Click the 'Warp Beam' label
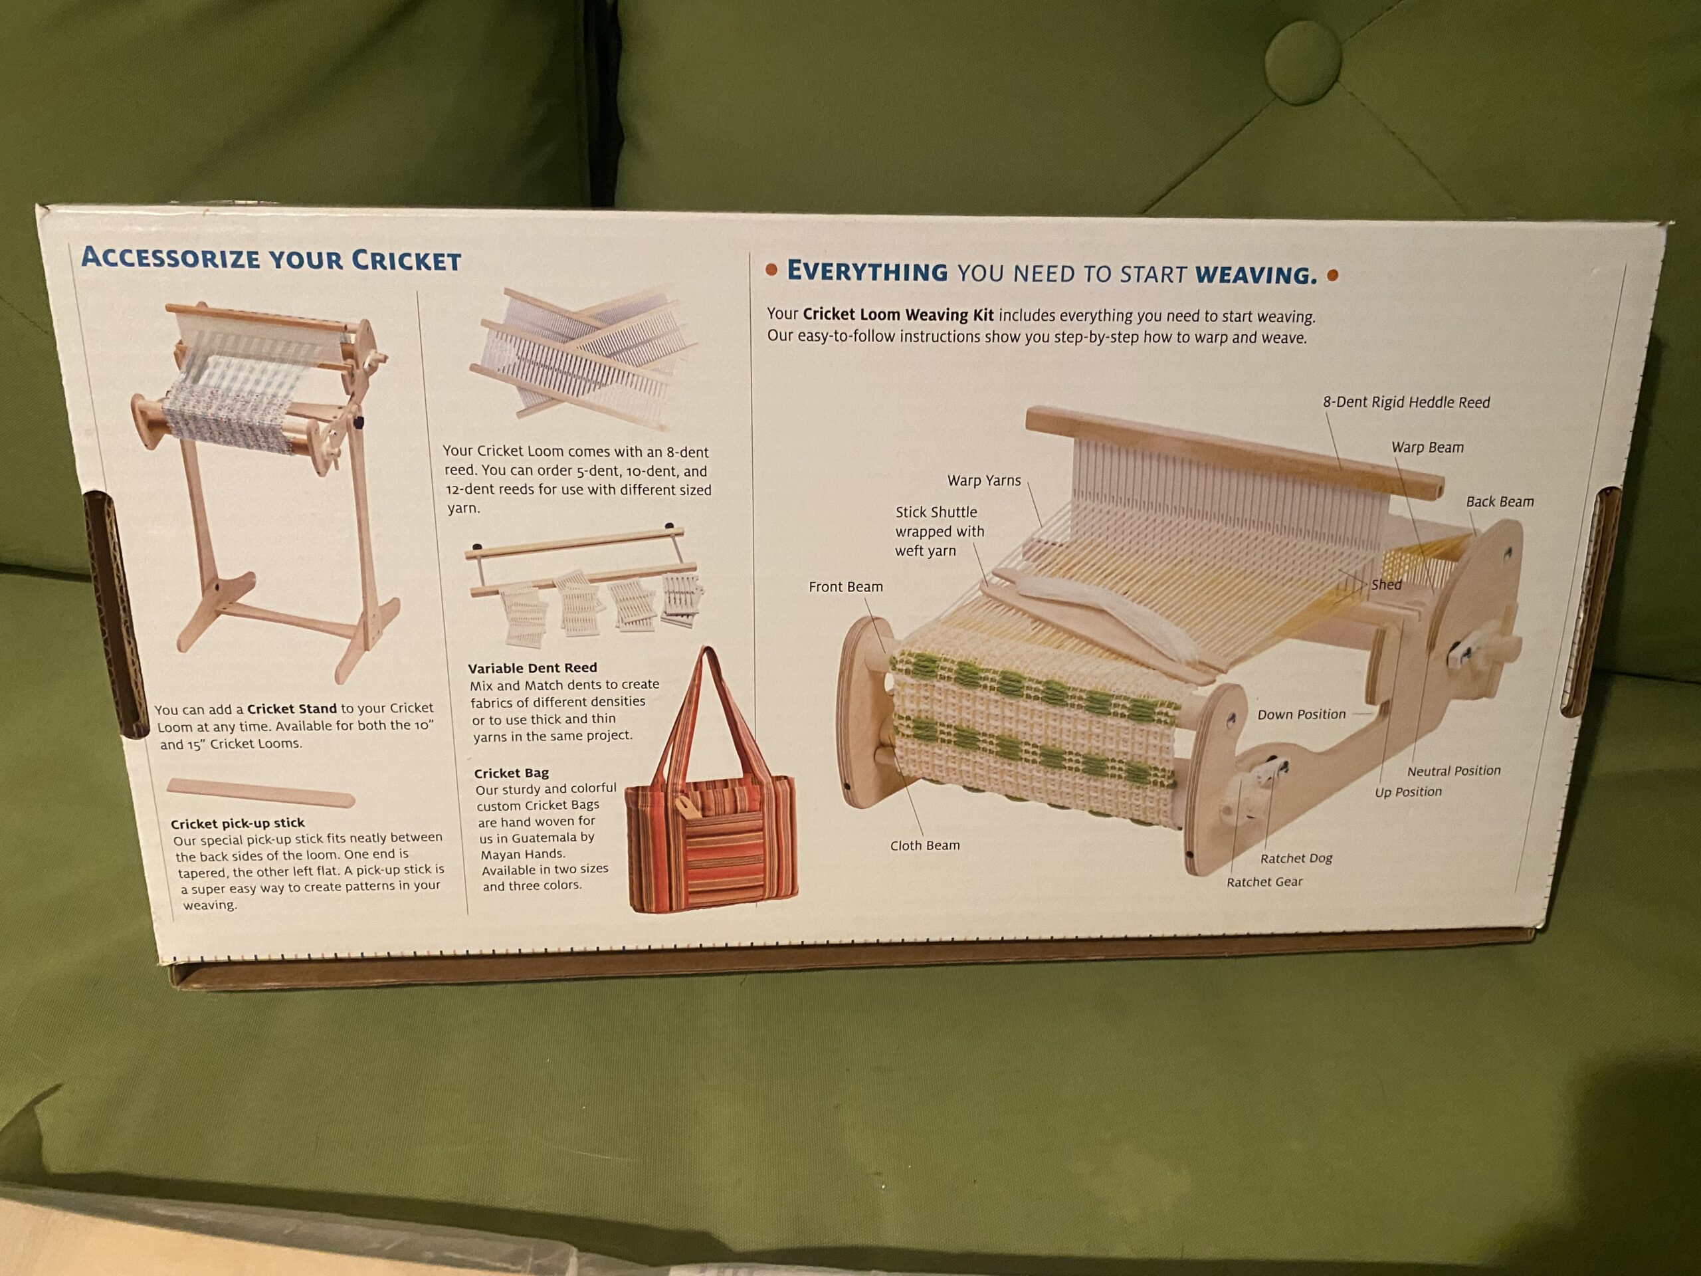[1427, 448]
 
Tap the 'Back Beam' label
[1500, 502]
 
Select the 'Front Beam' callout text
[846, 587]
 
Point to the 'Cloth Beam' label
[925, 845]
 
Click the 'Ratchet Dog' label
[1296, 859]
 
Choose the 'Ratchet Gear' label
[1264, 882]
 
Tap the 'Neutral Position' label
[1454, 771]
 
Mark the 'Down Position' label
[1301, 714]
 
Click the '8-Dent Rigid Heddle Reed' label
[1407, 402]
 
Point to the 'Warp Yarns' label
[984, 480]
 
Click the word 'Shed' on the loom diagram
[1387, 585]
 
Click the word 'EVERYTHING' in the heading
[866, 272]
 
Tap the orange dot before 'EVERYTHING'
[771, 270]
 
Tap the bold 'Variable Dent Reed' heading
[532, 668]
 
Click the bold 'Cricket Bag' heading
[512, 773]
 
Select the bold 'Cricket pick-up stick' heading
[238, 823]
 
